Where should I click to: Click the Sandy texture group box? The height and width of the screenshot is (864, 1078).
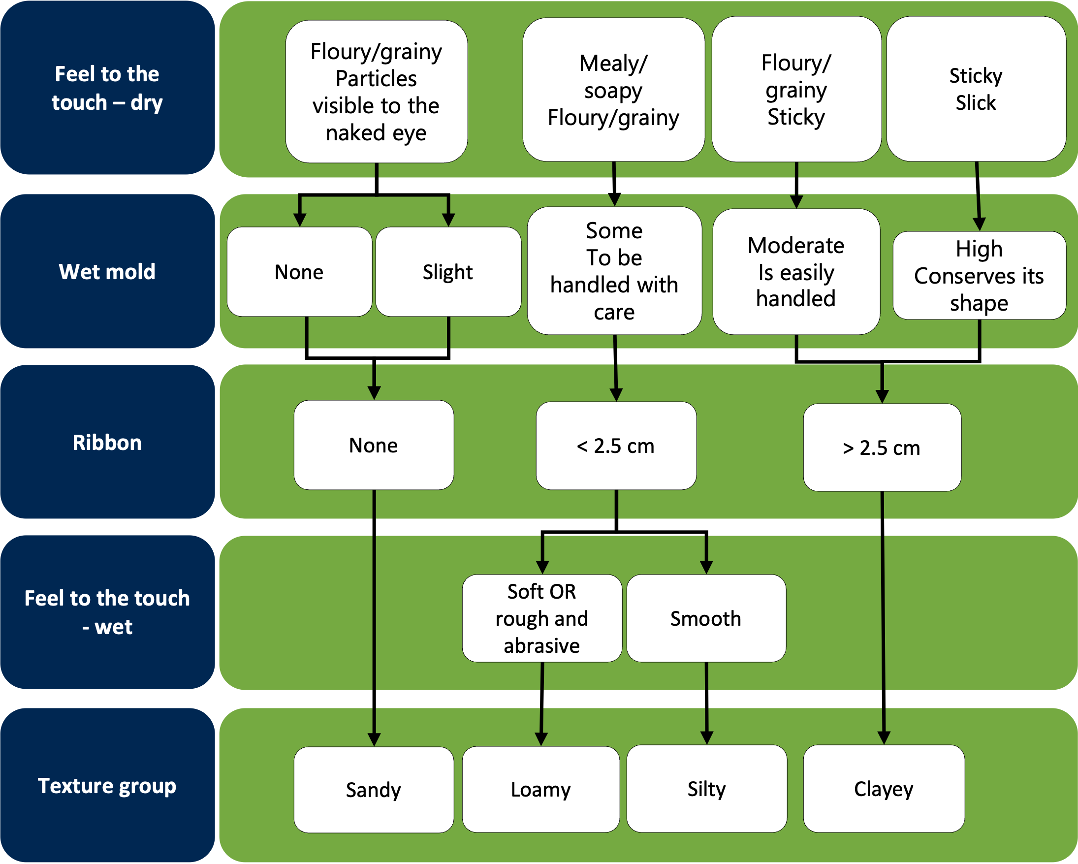(374, 790)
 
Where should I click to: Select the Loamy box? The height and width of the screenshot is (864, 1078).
(541, 790)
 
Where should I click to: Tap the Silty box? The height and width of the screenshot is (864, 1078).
(706, 789)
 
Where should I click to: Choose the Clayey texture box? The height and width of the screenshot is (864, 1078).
(884, 789)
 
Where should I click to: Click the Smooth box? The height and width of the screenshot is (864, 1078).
(706, 618)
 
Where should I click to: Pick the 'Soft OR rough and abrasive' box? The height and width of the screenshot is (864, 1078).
(542, 618)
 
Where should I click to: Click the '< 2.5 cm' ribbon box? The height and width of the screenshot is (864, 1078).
(616, 446)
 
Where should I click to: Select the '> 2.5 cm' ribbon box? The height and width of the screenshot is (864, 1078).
(882, 448)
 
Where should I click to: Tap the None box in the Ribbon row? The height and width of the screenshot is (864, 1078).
(374, 445)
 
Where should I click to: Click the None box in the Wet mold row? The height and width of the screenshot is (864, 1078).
(299, 272)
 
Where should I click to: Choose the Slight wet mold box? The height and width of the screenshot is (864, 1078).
(448, 272)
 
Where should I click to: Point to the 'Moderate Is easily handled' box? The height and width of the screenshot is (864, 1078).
(796, 272)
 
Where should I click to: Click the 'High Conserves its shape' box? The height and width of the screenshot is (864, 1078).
(979, 276)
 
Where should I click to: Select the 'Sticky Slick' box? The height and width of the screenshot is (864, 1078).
(976, 89)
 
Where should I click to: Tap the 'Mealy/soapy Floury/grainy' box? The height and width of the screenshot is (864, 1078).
(613, 90)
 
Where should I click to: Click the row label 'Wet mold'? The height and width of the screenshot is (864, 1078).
(107, 271)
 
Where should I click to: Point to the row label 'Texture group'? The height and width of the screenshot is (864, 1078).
(107, 786)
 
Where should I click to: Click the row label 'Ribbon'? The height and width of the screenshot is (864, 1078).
(107, 443)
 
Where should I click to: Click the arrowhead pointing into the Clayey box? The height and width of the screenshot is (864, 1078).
(884, 737)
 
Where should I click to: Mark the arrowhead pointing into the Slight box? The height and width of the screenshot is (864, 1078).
(448, 220)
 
